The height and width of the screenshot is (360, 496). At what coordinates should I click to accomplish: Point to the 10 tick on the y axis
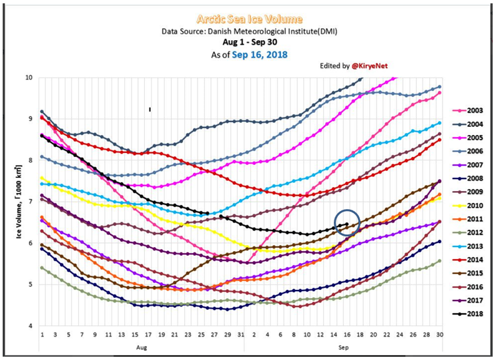coord(29,77)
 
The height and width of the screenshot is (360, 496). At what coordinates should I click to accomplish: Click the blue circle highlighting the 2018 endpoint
coord(346,222)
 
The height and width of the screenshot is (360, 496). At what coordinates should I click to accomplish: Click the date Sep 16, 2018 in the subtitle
coord(260,55)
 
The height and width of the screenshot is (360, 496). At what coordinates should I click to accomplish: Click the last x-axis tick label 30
coord(439,335)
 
